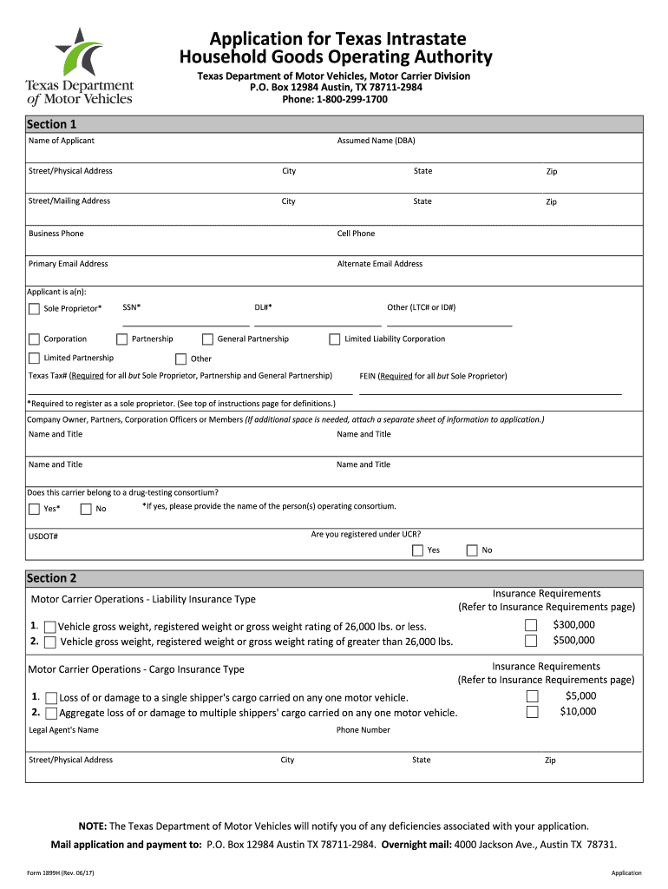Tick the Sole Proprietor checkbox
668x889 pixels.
(x=34, y=308)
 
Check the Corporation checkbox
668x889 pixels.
(x=34, y=339)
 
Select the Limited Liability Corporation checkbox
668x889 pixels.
(x=335, y=339)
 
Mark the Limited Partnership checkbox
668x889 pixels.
(x=34, y=359)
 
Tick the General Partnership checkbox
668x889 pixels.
(x=208, y=339)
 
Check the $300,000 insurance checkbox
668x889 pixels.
(x=532, y=626)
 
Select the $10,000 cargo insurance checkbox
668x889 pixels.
(x=532, y=712)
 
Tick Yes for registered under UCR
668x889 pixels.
(x=418, y=550)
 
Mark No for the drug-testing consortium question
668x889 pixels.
(x=85, y=510)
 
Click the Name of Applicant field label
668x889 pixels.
(x=62, y=141)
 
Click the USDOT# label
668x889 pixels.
(x=43, y=537)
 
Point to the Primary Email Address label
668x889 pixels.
(x=69, y=264)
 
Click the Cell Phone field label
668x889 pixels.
(x=356, y=234)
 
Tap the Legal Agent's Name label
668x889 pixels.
(x=64, y=730)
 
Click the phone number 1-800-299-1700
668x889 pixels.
(x=351, y=100)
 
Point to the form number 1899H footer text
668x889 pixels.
(x=61, y=873)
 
